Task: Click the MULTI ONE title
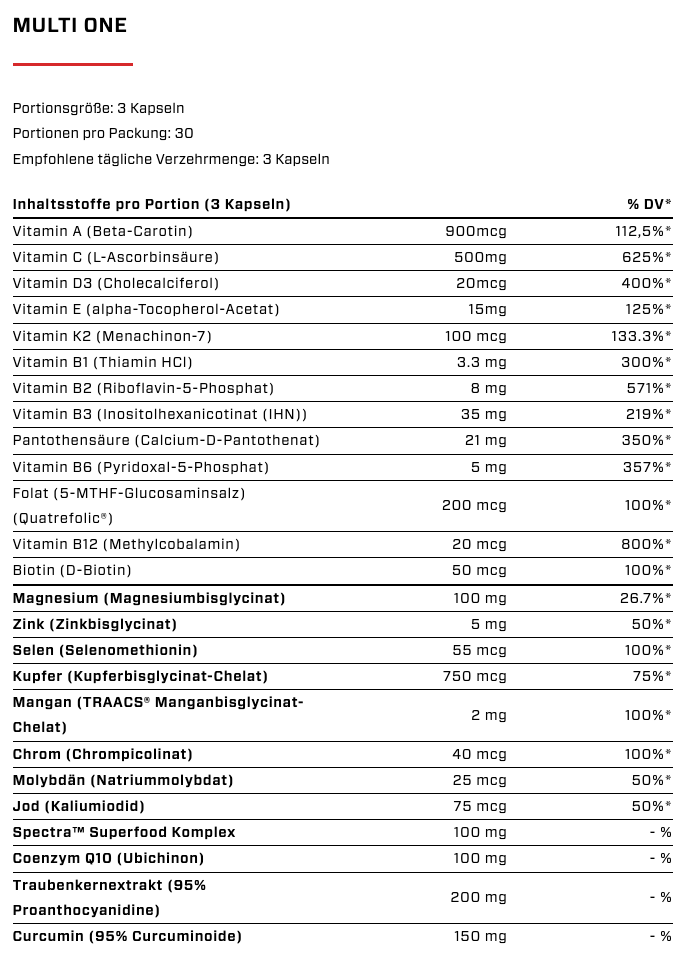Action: pos(70,26)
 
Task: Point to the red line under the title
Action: pos(72,64)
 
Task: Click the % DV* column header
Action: pos(649,205)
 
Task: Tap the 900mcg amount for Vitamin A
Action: pos(475,231)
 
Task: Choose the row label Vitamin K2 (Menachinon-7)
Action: pos(112,335)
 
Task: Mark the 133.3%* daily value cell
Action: pos(640,335)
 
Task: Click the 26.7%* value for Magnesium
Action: pos(643,598)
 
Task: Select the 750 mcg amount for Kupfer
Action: pos(474,676)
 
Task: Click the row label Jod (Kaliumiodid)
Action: pos(79,806)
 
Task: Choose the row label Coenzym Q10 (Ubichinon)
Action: pos(108,858)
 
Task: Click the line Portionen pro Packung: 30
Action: pos(103,133)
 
